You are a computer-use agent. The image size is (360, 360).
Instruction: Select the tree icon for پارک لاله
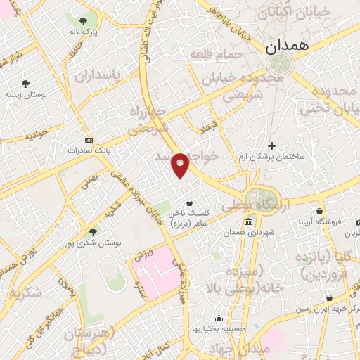[84, 21]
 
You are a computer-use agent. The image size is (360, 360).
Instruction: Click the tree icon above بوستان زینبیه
[25, 83]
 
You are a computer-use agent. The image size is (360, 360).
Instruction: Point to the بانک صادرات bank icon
[89, 139]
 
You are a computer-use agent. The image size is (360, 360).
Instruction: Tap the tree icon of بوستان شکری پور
[93, 231]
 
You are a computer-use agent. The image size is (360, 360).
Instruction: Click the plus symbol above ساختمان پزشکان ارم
[271, 146]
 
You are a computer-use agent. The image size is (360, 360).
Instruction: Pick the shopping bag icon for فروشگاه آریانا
[320, 211]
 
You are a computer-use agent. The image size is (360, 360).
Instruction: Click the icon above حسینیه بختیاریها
[220, 319]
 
